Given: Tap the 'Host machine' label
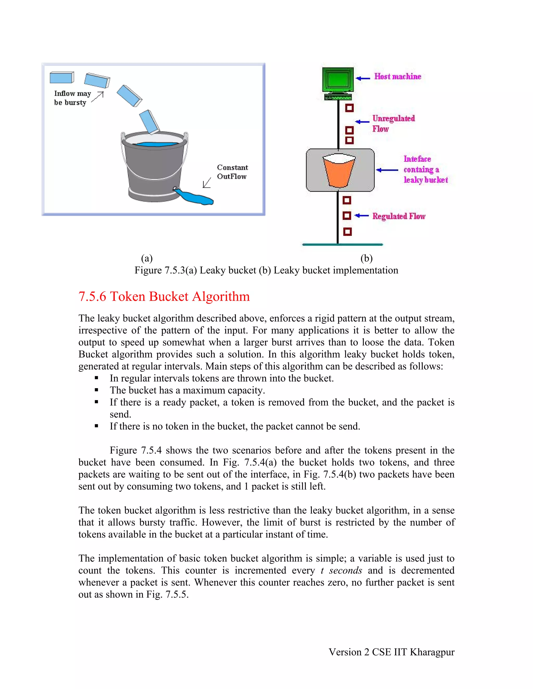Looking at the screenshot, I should [x=398, y=77].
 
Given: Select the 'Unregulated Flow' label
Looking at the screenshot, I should [x=393, y=123].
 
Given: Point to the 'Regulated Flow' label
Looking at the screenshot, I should [x=399, y=216].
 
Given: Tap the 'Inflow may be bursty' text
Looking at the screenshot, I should [x=72, y=98].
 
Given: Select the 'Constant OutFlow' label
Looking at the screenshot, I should [x=232, y=172].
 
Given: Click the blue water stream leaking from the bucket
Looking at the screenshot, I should [x=196, y=198].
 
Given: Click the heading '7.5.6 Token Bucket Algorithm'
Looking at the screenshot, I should [x=164, y=297].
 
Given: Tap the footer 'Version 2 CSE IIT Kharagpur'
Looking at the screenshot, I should [x=391, y=652].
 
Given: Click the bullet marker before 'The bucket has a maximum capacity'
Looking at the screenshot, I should [x=97, y=390].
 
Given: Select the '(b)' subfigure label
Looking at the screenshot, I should [x=366, y=258].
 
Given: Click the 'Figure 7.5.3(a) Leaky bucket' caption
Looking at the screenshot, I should [x=266, y=270].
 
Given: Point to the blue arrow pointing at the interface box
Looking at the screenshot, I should [x=387, y=170].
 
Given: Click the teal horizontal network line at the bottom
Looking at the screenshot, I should [x=342, y=244].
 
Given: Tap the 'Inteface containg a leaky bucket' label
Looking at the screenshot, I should [x=425, y=170].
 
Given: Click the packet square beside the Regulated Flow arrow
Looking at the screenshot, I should [x=347, y=216].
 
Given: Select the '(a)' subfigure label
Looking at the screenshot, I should [x=147, y=258].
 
